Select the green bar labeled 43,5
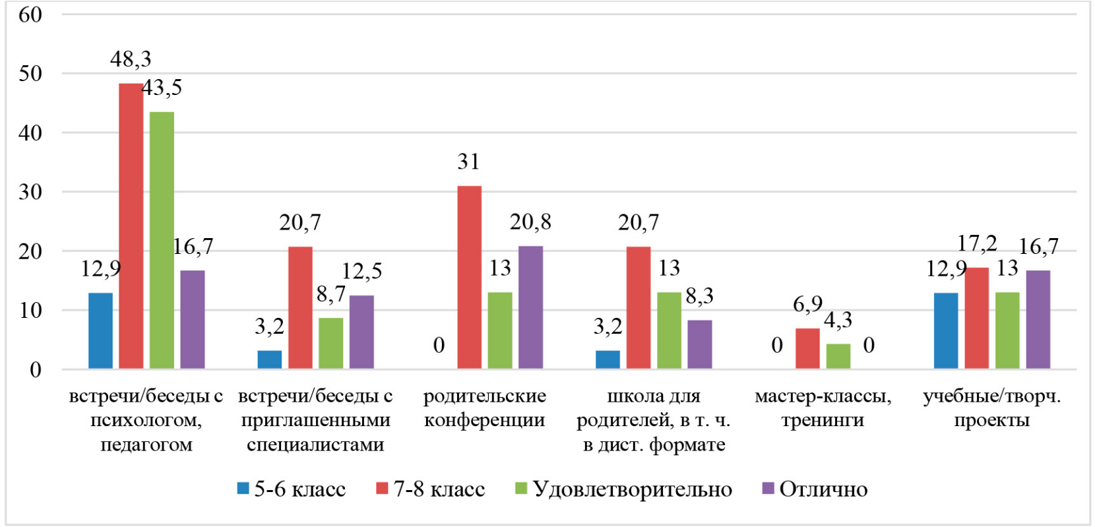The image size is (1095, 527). pyautogui.click(x=162, y=240)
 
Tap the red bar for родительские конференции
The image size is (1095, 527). pyautogui.click(x=469, y=277)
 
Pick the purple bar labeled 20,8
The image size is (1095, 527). pyautogui.click(x=530, y=307)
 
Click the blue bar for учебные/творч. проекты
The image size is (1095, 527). pyautogui.click(x=946, y=330)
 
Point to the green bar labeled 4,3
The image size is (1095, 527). pyautogui.click(x=838, y=356)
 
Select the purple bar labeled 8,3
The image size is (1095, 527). pyautogui.click(x=700, y=344)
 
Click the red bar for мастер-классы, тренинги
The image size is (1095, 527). pyautogui.click(x=807, y=348)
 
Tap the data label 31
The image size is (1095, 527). pyautogui.click(x=468, y=162)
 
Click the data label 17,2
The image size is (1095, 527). pyautogui.click(x=977, y=244)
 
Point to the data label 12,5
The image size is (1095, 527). pyautogui.click(x=361, y=271)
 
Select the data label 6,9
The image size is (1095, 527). pyautogui.click(x=807, y=305)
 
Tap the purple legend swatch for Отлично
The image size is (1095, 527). pyautogui.click(x=768, y=488)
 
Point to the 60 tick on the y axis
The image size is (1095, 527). pyautogui.click(x=30, y=15)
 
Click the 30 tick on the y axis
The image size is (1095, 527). pyautogui.click(x=30, y=192)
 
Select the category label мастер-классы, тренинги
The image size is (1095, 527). pyautogui.click(x=823, y=408)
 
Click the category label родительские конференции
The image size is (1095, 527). pyautogui.click(x=484, y=408)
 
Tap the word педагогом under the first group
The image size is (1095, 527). pyautogui.click(x=146, y=445)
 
